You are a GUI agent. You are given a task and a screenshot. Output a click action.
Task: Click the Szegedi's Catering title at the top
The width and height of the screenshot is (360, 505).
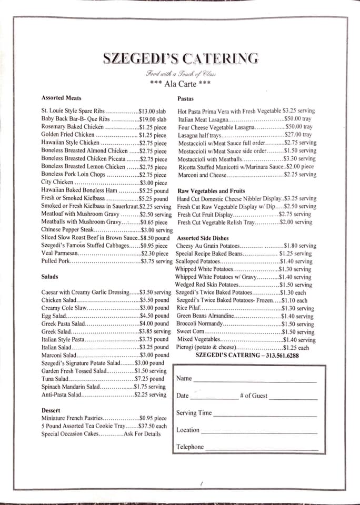click(181, 59)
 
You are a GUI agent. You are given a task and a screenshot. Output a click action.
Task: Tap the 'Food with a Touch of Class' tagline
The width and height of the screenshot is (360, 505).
click(181, 74)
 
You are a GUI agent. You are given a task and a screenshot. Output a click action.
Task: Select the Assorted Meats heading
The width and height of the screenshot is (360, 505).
click(61, 98)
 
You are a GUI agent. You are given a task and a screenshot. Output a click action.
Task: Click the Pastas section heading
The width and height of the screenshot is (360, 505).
click(186, 99)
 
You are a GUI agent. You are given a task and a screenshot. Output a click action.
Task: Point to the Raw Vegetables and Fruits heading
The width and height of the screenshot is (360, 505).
click(211, 191)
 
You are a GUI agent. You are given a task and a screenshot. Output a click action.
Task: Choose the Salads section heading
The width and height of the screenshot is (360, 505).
click(49, 276)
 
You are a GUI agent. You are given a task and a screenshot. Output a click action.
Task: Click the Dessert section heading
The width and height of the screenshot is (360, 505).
click(51, 410)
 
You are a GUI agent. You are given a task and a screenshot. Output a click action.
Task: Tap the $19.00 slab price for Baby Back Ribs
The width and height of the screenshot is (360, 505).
click(153, 119)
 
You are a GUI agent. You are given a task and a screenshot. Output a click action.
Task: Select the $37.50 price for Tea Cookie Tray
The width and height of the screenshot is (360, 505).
click(153, 426)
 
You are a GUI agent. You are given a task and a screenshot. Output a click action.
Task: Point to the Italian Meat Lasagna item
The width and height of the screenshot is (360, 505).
click(203, 119)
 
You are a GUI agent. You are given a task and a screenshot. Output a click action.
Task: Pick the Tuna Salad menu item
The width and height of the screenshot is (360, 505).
click(55, 379)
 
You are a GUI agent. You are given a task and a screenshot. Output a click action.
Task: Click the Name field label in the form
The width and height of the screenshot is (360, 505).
click(184, 379)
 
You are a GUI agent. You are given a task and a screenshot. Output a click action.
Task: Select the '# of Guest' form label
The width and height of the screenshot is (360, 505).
click(253, 396)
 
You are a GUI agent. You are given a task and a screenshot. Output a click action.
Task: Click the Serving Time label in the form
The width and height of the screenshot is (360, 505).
click(194, 413)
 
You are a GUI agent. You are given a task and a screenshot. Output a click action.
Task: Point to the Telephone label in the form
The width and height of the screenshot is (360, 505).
click(190, 447)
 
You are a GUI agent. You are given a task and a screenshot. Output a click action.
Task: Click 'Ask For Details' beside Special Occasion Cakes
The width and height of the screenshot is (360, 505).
click(142, 434)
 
